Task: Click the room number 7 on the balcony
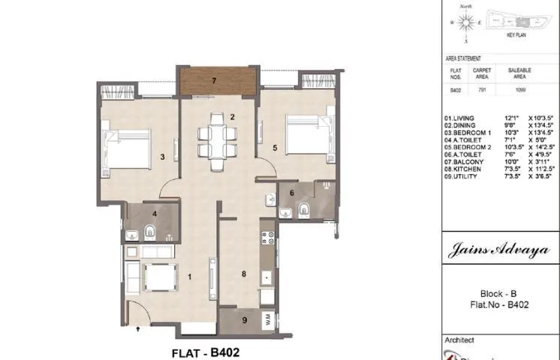pos(214,79)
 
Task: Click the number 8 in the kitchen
pos(244,274)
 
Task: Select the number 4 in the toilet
pos(154,214)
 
